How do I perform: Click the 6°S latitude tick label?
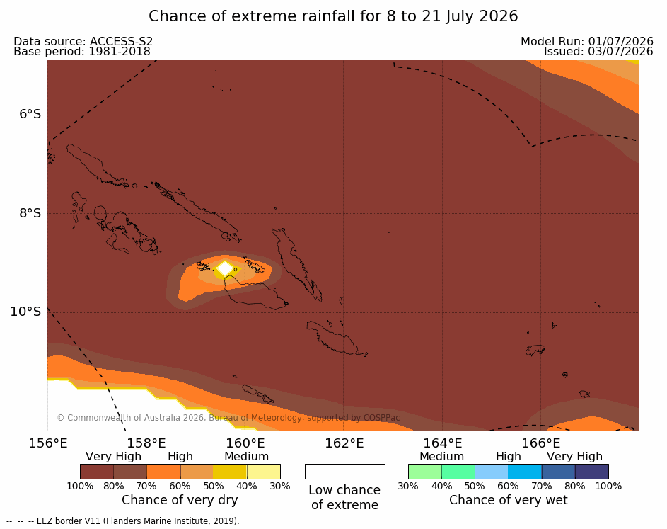click(x=30, y=114)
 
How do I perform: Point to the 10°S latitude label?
click(x=26, y=312)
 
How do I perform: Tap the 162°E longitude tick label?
click(x=344, y=443)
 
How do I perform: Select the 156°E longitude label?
click(x=48, y=443)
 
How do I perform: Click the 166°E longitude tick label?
click(x=541, y=443)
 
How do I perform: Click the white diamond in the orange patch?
click(x=225, y=269)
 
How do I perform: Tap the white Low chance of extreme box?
click(x=345, y=472)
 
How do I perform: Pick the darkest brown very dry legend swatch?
click(x=97, y=472)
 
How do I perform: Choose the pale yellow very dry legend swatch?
click(x=264, y=472)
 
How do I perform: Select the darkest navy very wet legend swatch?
click(x=592, y=472)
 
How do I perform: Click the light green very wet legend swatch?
click(x=425, y=472)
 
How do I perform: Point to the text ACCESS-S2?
click(x=121, y=41)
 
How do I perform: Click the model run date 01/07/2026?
click(x=620, y=41)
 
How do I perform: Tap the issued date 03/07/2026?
click(x=620, y=52)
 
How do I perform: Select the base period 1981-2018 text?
click(x=120, y=52)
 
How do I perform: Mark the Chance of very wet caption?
click(x=509, y=500)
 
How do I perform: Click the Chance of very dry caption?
click(x=180, y=500)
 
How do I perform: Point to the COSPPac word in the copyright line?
click(x=381, y=417)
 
